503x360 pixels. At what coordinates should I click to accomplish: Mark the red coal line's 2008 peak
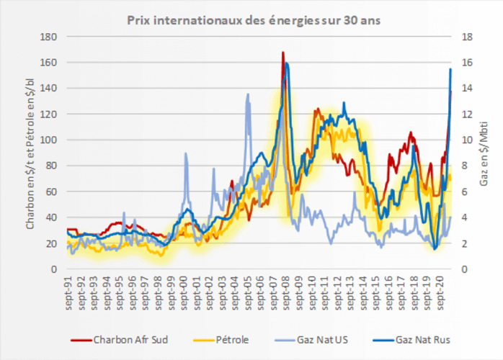tap(282, 53)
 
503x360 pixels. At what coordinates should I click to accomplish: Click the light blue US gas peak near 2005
tap(248, 94)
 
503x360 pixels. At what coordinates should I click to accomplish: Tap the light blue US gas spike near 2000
tap(186, 153)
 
